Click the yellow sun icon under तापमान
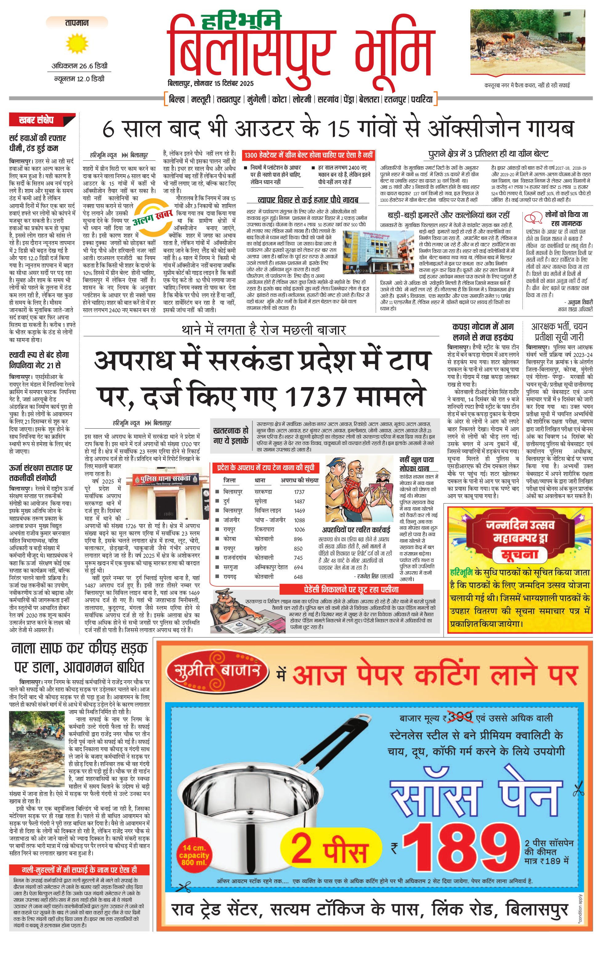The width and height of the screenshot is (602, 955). (77, 44)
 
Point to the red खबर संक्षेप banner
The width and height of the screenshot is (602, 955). (41, 120)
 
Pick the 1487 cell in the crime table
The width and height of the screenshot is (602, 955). (299, 501)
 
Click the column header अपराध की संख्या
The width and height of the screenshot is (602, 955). (299, 480)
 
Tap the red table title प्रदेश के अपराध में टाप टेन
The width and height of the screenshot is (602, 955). (266, 468)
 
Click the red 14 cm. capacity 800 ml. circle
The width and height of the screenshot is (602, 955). (194, 856)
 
